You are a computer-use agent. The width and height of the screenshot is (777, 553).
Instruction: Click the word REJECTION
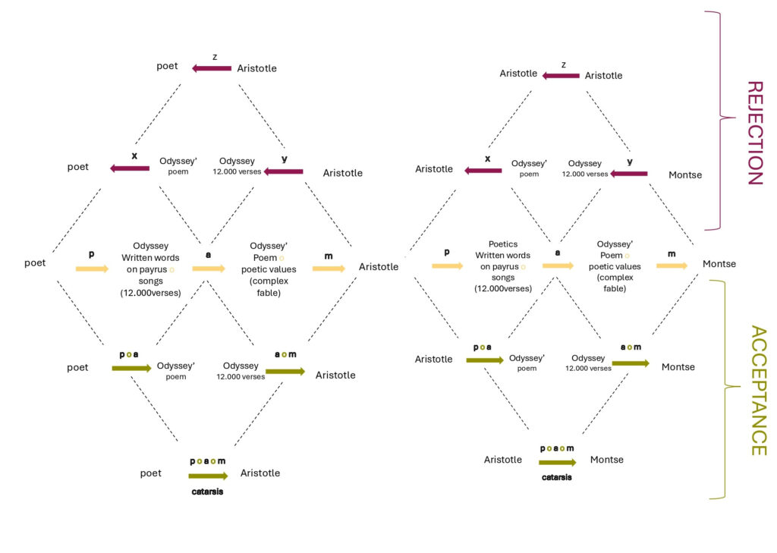(753, 133)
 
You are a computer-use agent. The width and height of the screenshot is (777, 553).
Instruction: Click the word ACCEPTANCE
(757, 391)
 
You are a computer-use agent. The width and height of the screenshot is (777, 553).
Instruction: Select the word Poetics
(502, 244)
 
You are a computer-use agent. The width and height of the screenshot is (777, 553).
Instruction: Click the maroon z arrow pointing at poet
(212, 68)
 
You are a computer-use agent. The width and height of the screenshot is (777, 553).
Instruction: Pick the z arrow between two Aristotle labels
(562, 75)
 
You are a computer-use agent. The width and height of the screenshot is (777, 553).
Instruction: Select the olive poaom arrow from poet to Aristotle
(208, 476)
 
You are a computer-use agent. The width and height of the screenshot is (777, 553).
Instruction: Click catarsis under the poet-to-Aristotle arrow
(207, 491)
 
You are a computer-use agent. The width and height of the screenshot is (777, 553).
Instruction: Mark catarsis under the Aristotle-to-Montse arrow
(557, 478)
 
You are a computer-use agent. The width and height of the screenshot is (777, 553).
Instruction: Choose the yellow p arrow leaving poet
(92, 269)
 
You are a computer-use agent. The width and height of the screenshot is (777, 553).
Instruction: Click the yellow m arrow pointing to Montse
(672, 266)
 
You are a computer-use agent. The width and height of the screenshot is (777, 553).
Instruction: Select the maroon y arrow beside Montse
(629, 174)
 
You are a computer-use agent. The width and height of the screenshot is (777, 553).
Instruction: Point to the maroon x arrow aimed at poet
(130, 168)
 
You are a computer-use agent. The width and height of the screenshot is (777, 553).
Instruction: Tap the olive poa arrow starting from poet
(131, 369)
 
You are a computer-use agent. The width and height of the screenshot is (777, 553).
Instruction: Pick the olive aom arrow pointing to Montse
(631, 363)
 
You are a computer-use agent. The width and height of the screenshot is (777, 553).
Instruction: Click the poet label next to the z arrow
(167, 66)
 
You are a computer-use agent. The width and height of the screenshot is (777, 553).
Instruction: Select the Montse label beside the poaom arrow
(606, 460)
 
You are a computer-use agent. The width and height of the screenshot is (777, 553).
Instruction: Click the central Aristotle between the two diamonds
(379, 267)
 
